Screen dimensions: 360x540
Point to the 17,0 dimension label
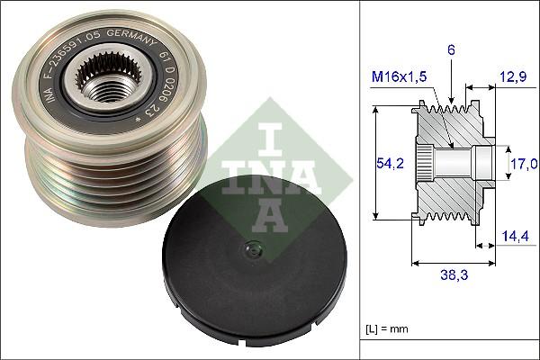[x=524, y=163]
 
